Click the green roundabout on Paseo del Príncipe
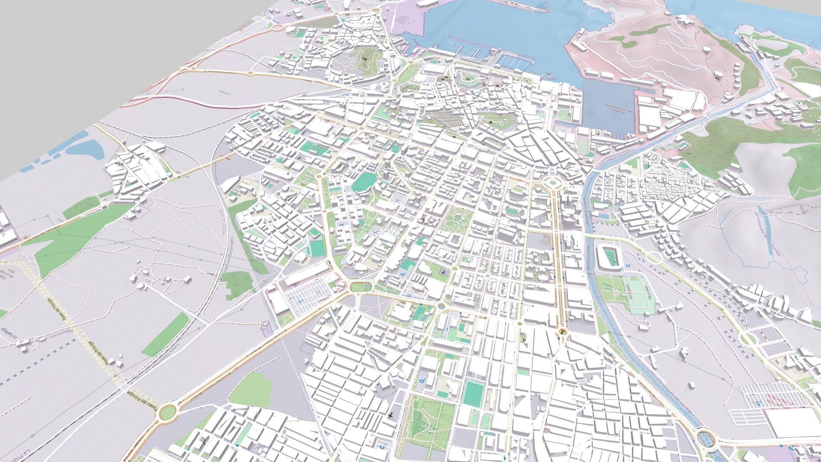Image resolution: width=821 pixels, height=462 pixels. pos(168,412)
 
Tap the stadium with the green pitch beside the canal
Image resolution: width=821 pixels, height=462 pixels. pos(610,257)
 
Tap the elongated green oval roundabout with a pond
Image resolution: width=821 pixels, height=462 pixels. pos(360,287)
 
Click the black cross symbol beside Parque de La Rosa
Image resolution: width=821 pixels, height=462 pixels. pos(390,415)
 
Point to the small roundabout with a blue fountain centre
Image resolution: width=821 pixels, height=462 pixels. pos(441,306)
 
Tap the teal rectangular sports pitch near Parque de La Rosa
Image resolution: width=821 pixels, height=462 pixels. pos(473,392)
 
